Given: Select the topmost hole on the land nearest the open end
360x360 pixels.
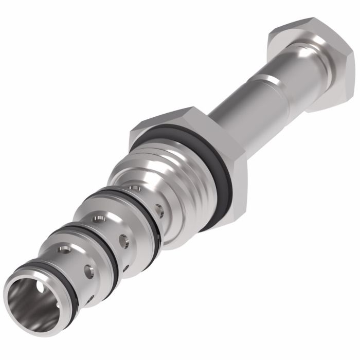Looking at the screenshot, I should tap(64, 249).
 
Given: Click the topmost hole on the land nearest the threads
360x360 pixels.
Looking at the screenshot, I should tap(135, 188).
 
